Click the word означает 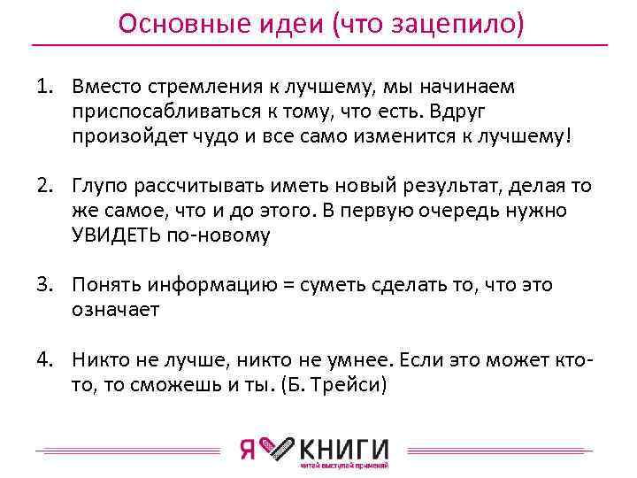pos(118,309)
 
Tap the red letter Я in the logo pos(249,449)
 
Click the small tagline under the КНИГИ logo pos(344,466)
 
